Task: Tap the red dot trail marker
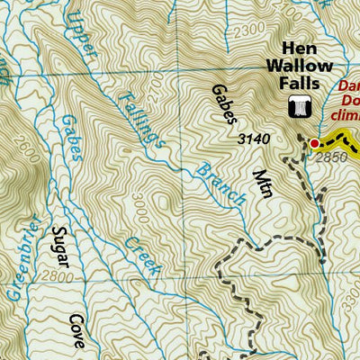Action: [314, 143]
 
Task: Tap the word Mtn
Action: [262, 183]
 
